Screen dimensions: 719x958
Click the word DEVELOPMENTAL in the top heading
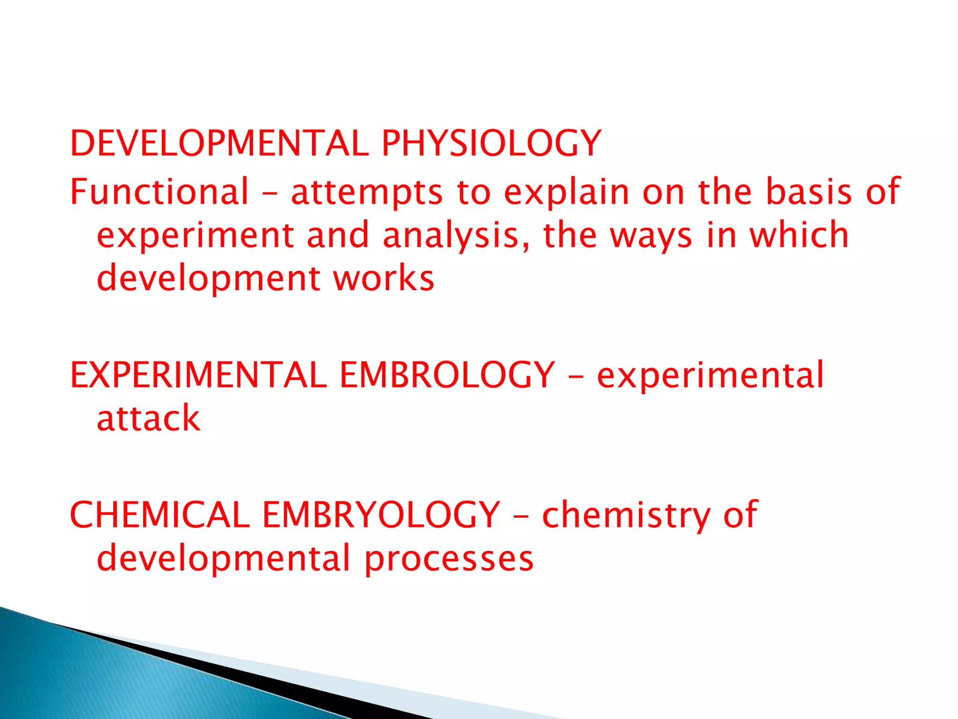pos(219,143)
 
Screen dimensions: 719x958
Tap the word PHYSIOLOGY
pos(491,143)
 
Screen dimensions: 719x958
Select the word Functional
pos(160,191)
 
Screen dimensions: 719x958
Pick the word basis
pos(809,191)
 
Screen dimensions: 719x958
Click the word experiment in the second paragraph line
pos(195,236)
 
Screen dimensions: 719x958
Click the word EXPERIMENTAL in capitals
pos(198,375)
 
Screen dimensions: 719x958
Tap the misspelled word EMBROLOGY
pos(447,375)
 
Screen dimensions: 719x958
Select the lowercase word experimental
pos(710,375)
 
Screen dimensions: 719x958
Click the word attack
pos(148,418)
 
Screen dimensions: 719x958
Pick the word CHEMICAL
pos(160,515)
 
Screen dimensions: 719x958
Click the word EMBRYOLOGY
pos(381,515)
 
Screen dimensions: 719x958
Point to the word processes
pos(449,559)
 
